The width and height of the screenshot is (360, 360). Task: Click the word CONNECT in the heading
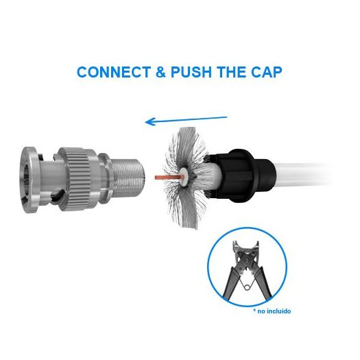tap(114, 72)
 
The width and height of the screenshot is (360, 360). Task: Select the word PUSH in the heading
tap(191, 72)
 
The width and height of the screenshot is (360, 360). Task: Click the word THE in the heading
tap(232, 72)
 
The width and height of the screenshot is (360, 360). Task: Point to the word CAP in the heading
tap(266, 72)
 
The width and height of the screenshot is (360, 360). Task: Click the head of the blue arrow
tap(149, 121)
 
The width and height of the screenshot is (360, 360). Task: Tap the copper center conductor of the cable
tap(169, 177)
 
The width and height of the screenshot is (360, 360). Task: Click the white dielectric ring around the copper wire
tap(184, 177)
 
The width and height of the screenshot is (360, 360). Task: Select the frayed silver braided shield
tap(186, 178)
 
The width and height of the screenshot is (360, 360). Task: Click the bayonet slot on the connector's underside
tap(57, 195)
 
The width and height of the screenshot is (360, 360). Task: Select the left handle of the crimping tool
tap(232, 283)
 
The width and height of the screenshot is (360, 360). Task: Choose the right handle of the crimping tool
tap(262, 283)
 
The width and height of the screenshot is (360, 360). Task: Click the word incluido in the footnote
tap(279, 311)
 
